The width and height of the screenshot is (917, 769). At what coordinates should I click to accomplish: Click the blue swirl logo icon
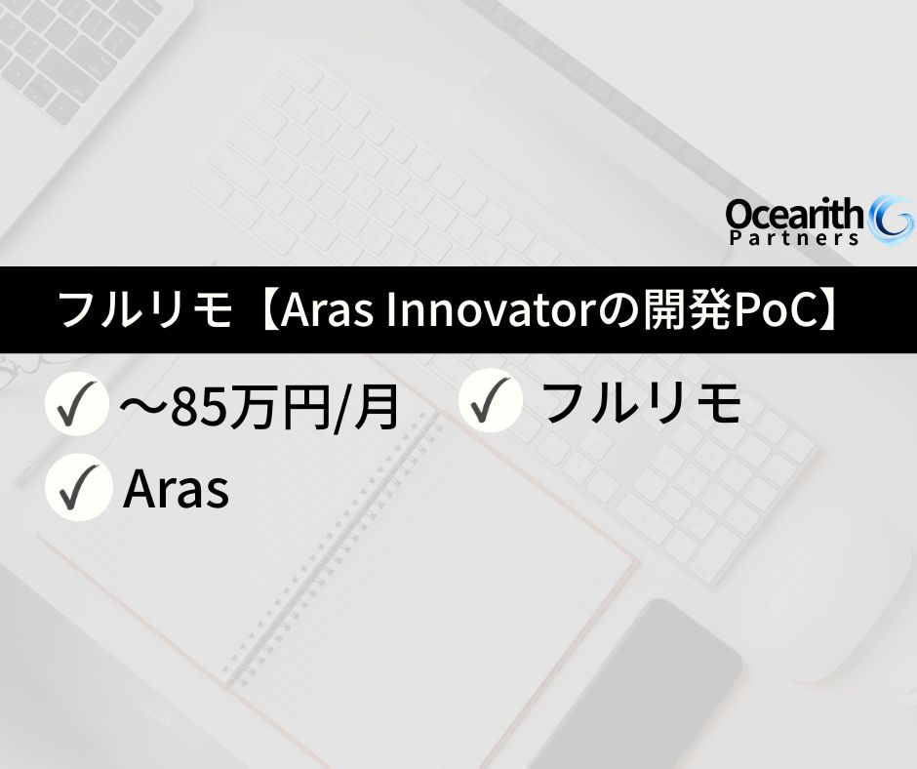[x=891, y=220]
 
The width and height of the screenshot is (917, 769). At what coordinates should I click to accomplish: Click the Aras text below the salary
[x=177, y=490]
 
